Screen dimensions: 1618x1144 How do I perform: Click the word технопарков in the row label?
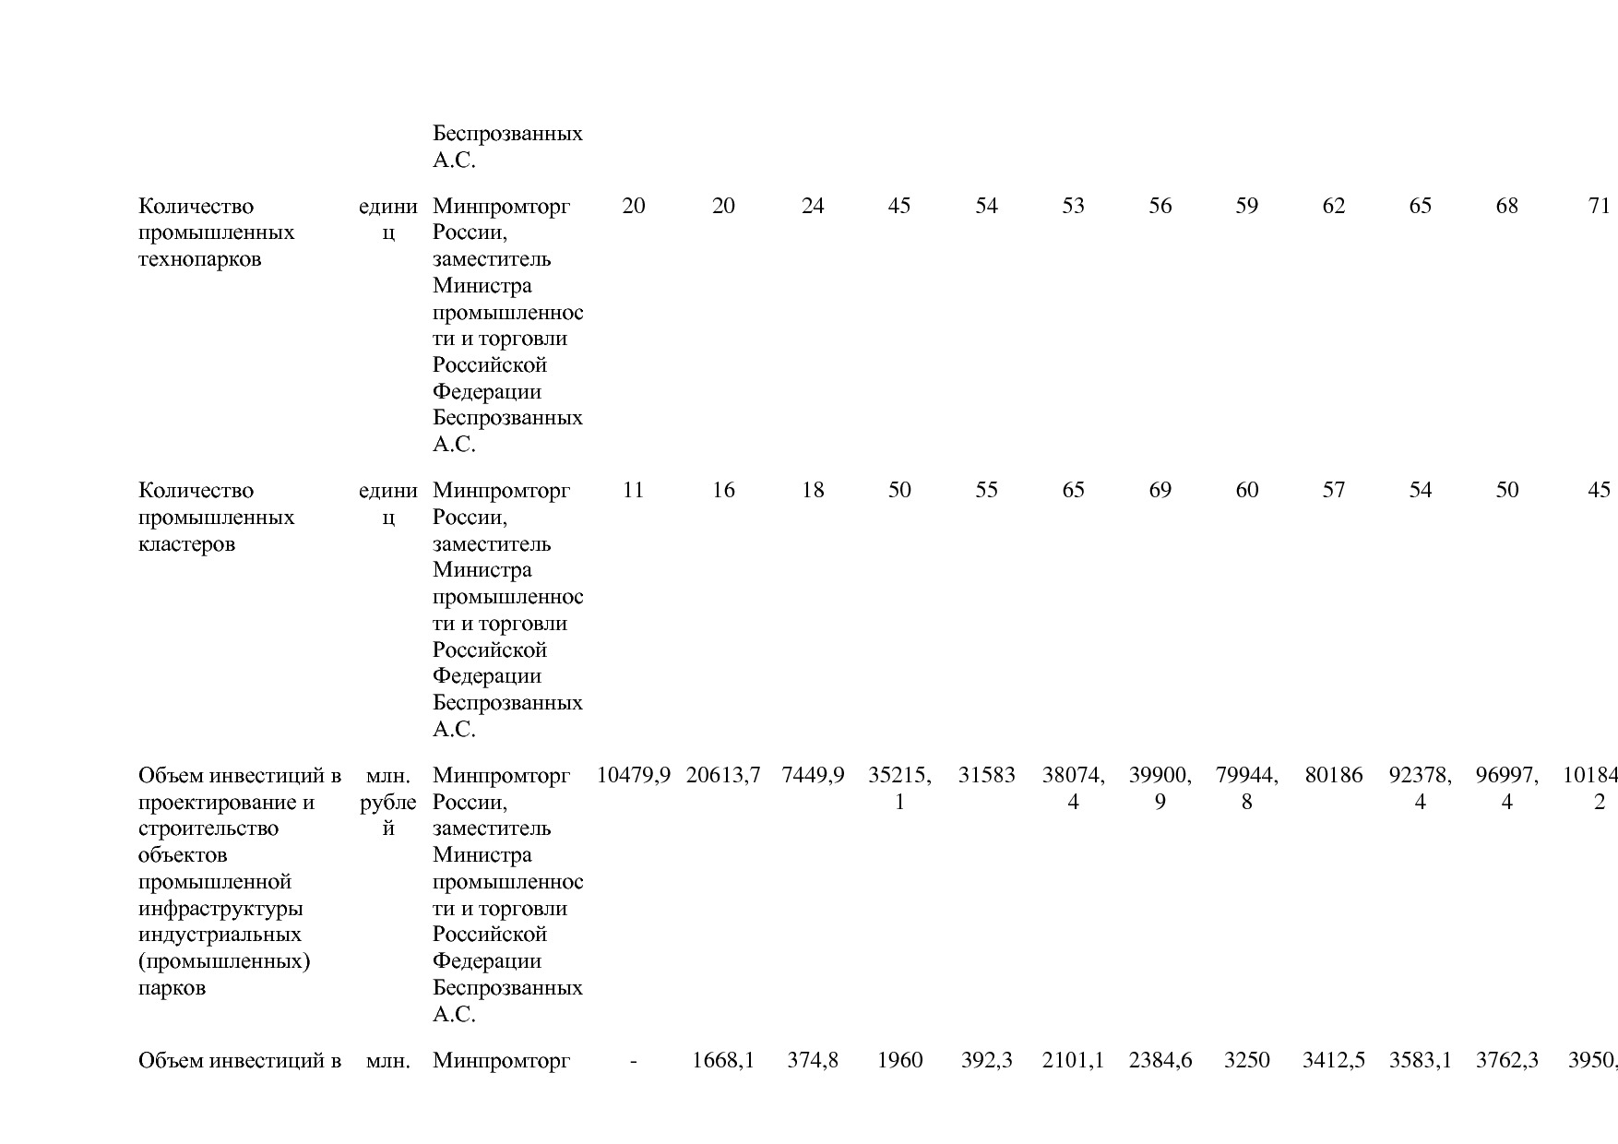pos(199,259)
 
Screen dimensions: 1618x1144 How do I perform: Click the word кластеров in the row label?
pos(186,544)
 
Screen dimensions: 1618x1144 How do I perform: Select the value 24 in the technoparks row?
pos(812,206)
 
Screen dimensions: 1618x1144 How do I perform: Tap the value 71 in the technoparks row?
pos(1599,206)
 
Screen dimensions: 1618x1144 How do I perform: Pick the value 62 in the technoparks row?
pos(1333,206)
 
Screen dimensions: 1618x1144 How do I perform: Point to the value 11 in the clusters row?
pos(633,490)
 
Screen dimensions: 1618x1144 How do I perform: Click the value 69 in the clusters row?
pos(1160,490)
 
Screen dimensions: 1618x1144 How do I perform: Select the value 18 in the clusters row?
pos(812,490)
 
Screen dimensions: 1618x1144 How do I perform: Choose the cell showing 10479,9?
pos(633,775)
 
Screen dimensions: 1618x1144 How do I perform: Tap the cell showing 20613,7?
pos(723,775)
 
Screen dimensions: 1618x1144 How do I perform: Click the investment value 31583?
pos(986,775)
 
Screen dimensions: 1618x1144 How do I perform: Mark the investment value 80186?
pos(1333,775)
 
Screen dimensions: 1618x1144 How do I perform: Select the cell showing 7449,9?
pos(812,775)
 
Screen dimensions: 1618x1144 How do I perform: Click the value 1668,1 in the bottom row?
pos(723,1061)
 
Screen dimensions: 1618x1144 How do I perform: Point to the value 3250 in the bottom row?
pos(1246,1061)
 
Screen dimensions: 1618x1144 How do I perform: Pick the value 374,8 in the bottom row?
pos(812,1061)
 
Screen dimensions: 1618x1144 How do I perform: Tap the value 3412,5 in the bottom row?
pos(1333,1061)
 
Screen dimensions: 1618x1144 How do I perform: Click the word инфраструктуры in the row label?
pos(220,909)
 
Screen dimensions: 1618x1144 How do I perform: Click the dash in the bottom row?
pos(633,1061)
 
